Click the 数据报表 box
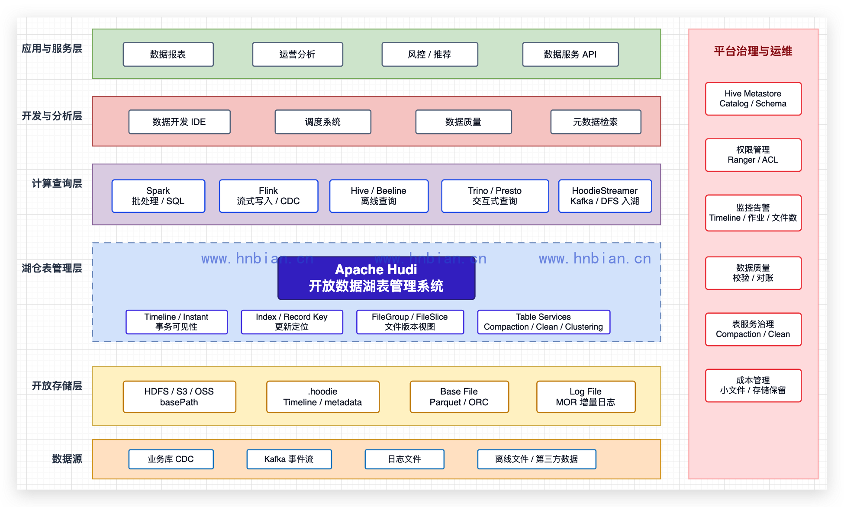click(168, 54)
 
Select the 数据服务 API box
click(570, 54)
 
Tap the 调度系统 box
click(323, 122)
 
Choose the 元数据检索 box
click(596, 122)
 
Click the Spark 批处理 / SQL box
click(158, 196)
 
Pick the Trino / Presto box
click(495, 196)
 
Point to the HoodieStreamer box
click(605, 196)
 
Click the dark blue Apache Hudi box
click(376, 278)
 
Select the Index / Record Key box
click(292, 322)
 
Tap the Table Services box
click(544, 322)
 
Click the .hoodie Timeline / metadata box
click(323, 397)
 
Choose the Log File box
click(586, 397)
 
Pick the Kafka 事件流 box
click(289, 459)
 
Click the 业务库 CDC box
click(171, 459)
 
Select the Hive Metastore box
click(753, 99)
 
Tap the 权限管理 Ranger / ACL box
click(753, 155)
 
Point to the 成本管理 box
click(753, 385)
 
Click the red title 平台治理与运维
click(753, 51)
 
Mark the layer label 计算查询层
click(57, 183)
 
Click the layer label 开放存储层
click(57, 386)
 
